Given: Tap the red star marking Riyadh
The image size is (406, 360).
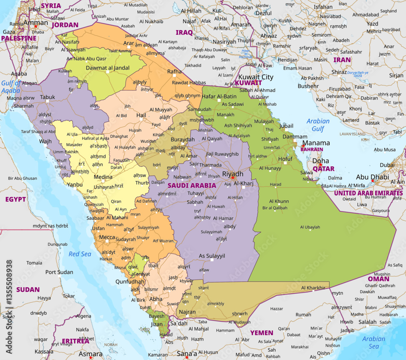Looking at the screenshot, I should click(x=233, y=178).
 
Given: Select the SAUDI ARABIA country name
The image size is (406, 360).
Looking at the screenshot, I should click(x=192, y=185).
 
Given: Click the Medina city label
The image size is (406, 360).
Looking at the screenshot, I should click(x=103, y=177).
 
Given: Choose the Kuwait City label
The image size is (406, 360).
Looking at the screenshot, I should click(x=256, y=77).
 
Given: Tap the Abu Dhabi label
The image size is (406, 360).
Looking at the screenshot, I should click(x=372, y=177).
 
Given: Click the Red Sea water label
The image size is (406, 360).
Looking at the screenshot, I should click(x=80, y=254).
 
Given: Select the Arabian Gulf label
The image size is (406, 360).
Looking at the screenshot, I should click(x=318, y=125).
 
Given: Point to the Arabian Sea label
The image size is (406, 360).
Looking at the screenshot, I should click(x=374, y=343).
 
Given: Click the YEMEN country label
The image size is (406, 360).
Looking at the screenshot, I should click(x=261, y=333).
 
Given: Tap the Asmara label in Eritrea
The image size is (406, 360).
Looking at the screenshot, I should click(x=91, y=354).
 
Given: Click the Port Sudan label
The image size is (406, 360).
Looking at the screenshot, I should click(x=59, y=272).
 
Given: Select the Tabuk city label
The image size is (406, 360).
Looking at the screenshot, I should click(x=47, y=98).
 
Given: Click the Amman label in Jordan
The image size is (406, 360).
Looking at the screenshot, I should click(x=35, y=23).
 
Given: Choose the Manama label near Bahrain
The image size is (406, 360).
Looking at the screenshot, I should click(x=316, y=143).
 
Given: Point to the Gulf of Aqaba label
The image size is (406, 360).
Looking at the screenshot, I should click(x=11, y=87).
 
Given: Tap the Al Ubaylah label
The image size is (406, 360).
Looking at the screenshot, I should click(x=310, y=227).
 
